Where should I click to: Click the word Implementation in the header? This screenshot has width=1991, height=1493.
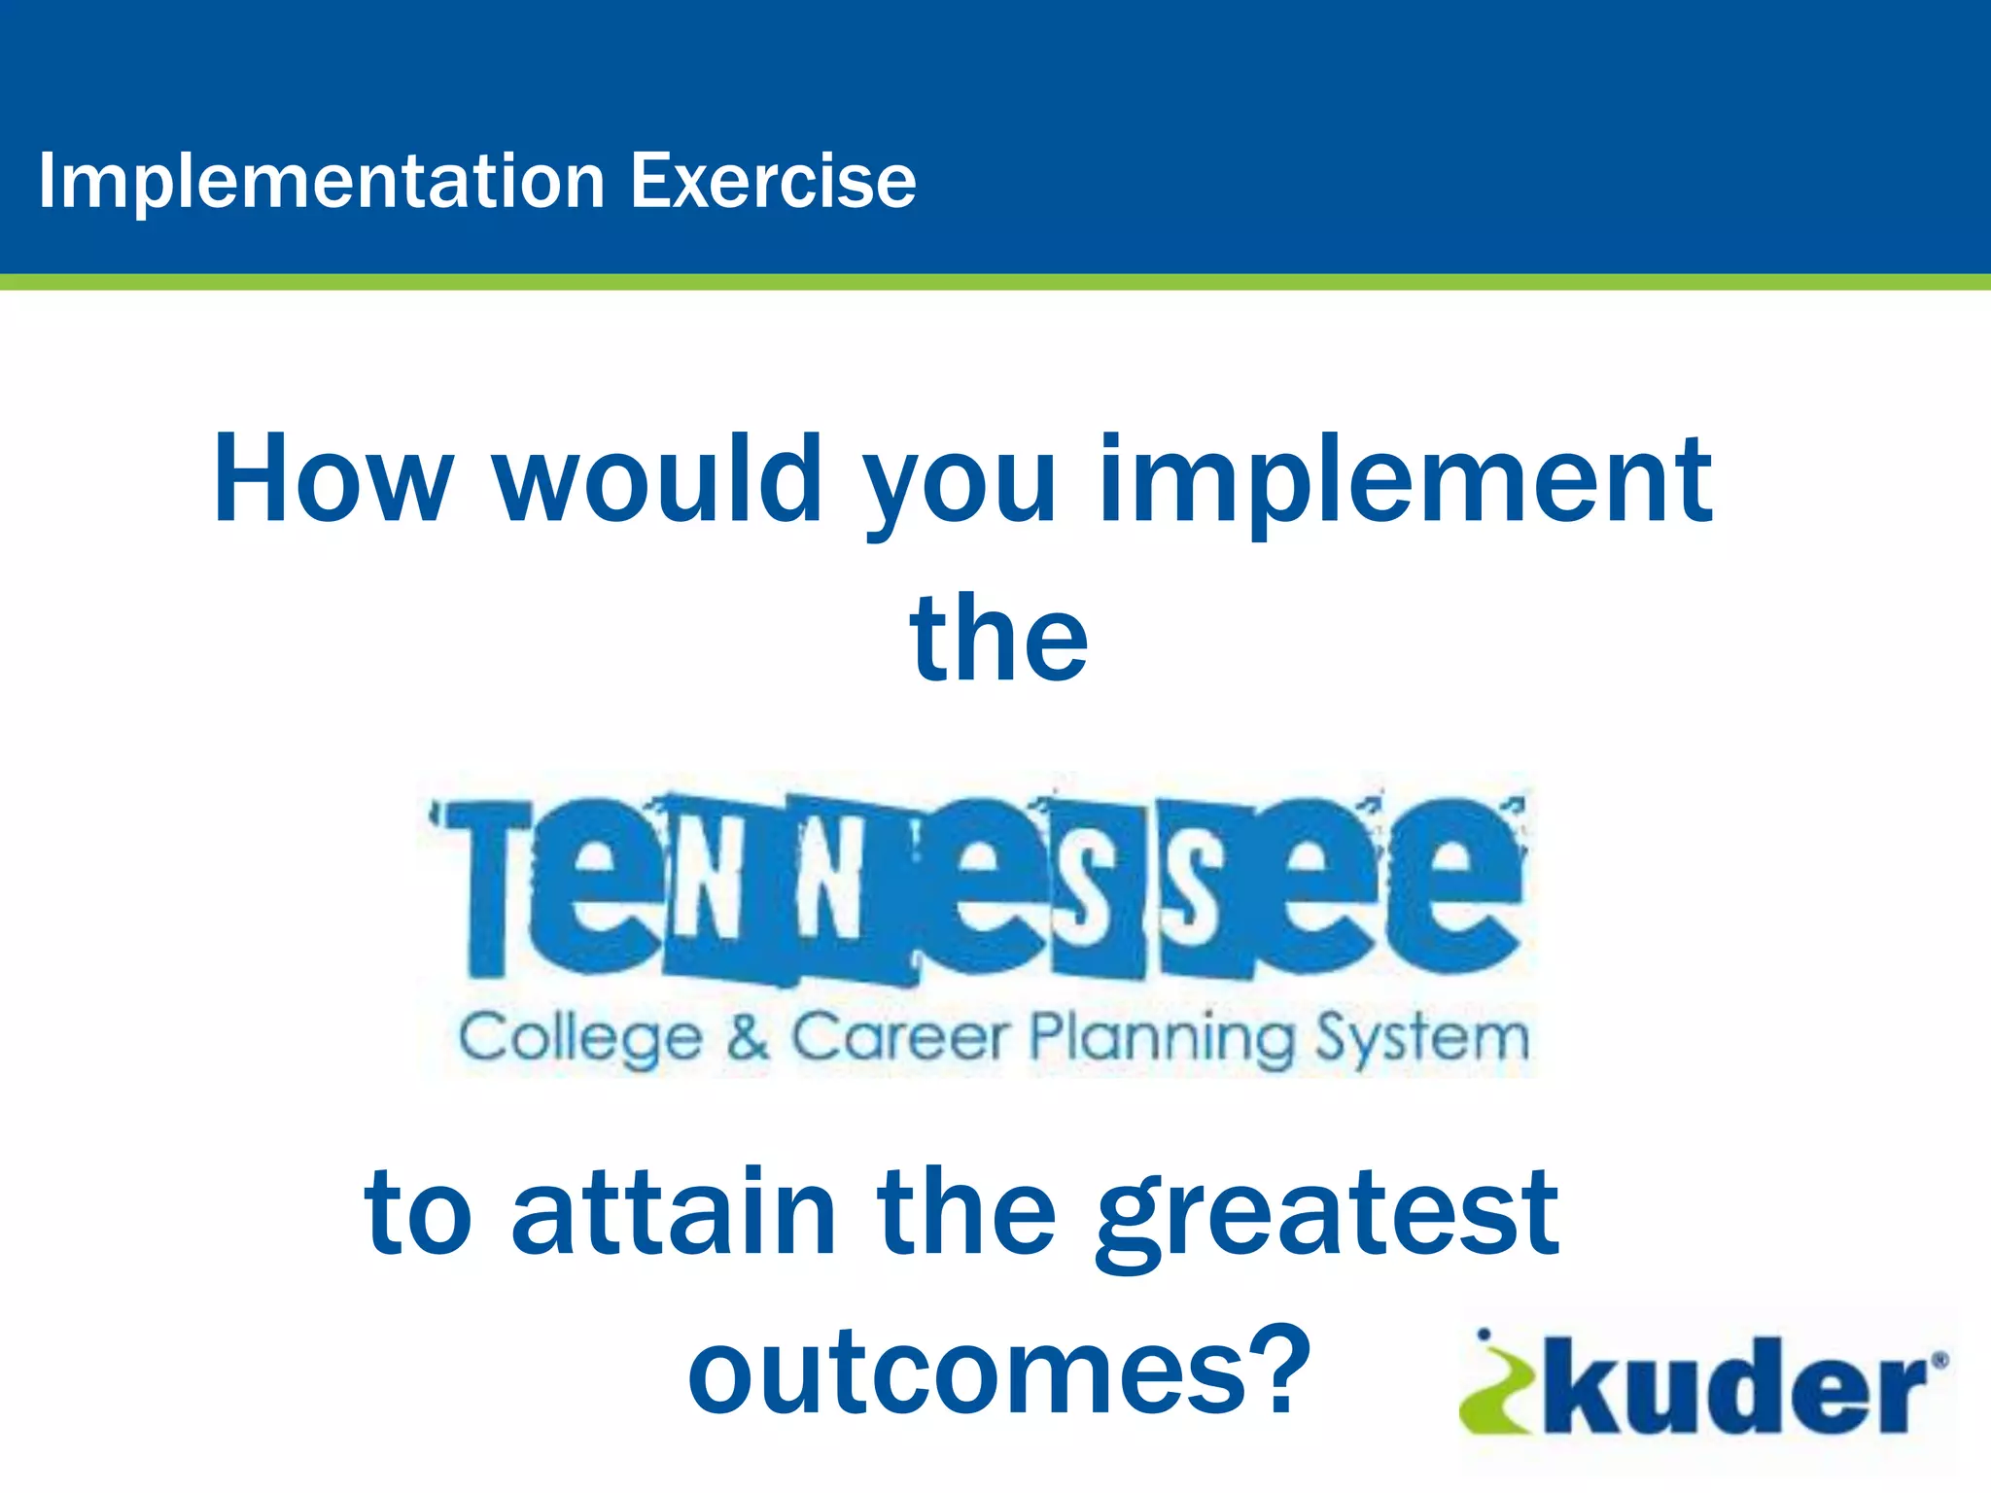(322, 182)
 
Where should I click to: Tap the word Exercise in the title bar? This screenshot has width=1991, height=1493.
(773, 181)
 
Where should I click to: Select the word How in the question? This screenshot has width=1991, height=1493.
(333, 479)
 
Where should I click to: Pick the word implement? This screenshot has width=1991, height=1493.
(1405, 483)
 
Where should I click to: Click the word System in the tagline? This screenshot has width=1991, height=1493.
(1422, 1038)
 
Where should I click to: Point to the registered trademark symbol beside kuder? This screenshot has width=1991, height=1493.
(1939, 1361)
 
